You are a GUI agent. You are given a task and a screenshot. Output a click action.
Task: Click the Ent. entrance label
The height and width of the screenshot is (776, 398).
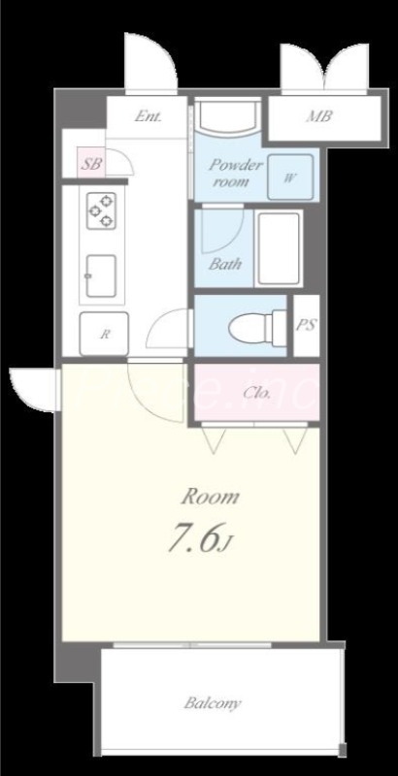pyautogui.click(x=148, y=117)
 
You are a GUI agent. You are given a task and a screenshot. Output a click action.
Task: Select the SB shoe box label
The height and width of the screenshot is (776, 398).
pyautogui.click(x=91, y=164)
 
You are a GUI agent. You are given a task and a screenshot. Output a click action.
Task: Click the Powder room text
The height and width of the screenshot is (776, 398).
pyautogui.click(x=236, y=173)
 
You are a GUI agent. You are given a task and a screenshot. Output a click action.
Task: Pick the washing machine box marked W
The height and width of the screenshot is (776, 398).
pyautogui.click(x=290, y=178)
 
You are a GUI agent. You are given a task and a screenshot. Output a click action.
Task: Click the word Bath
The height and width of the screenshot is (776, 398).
pyautogui.click(x=225, y=263)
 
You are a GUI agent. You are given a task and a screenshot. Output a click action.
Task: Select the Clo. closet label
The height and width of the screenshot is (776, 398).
pyautogui.click(x=256, y=394)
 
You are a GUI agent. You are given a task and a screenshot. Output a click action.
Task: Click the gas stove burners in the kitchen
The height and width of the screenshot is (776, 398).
pyautogui.click(x=101, y=211)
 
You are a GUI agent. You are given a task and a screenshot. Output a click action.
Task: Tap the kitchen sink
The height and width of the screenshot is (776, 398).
pyautogui.click(x=101, y=275)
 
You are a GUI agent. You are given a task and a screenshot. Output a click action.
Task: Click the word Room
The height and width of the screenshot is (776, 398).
pyautogui.click(x=211, y=497)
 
